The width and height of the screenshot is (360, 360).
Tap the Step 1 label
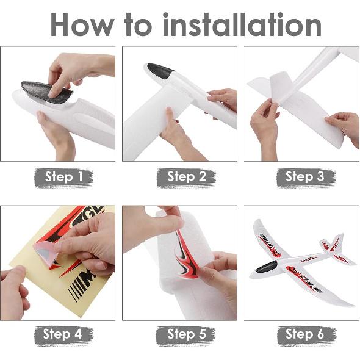coord(63,177)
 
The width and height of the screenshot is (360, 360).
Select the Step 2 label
coord(185,177)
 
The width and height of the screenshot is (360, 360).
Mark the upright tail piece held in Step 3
coord(272,85)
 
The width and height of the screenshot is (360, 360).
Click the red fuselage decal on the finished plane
coord(300,270)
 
